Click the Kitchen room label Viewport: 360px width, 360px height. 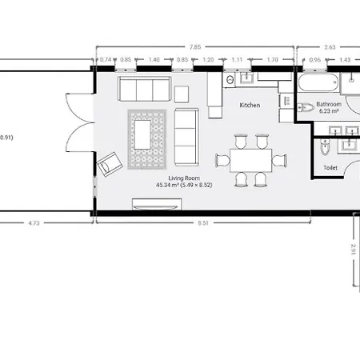250,106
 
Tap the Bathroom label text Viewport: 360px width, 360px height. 329,105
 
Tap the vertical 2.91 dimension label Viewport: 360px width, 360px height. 354,250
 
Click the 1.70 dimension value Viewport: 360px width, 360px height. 273,60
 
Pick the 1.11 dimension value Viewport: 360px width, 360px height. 237,60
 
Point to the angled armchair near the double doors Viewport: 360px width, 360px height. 110,165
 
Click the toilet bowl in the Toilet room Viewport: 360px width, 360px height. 323,150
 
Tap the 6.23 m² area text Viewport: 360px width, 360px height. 329,112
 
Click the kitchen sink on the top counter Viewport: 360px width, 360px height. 230,79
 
